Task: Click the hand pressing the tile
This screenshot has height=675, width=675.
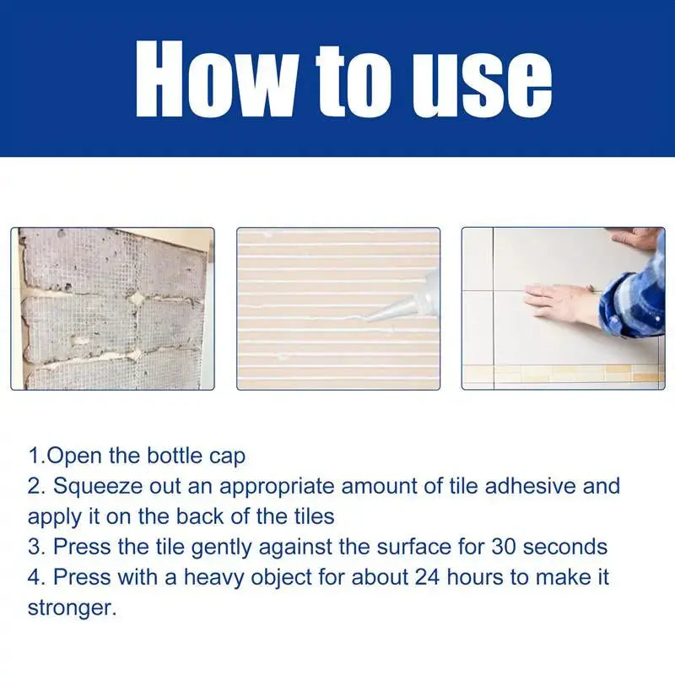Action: click(559, 300)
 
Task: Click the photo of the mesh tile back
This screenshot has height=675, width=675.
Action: click(112, 309)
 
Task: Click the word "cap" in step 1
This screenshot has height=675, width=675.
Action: click(226, 456)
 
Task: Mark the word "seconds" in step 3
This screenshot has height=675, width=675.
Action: click(565, 546)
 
